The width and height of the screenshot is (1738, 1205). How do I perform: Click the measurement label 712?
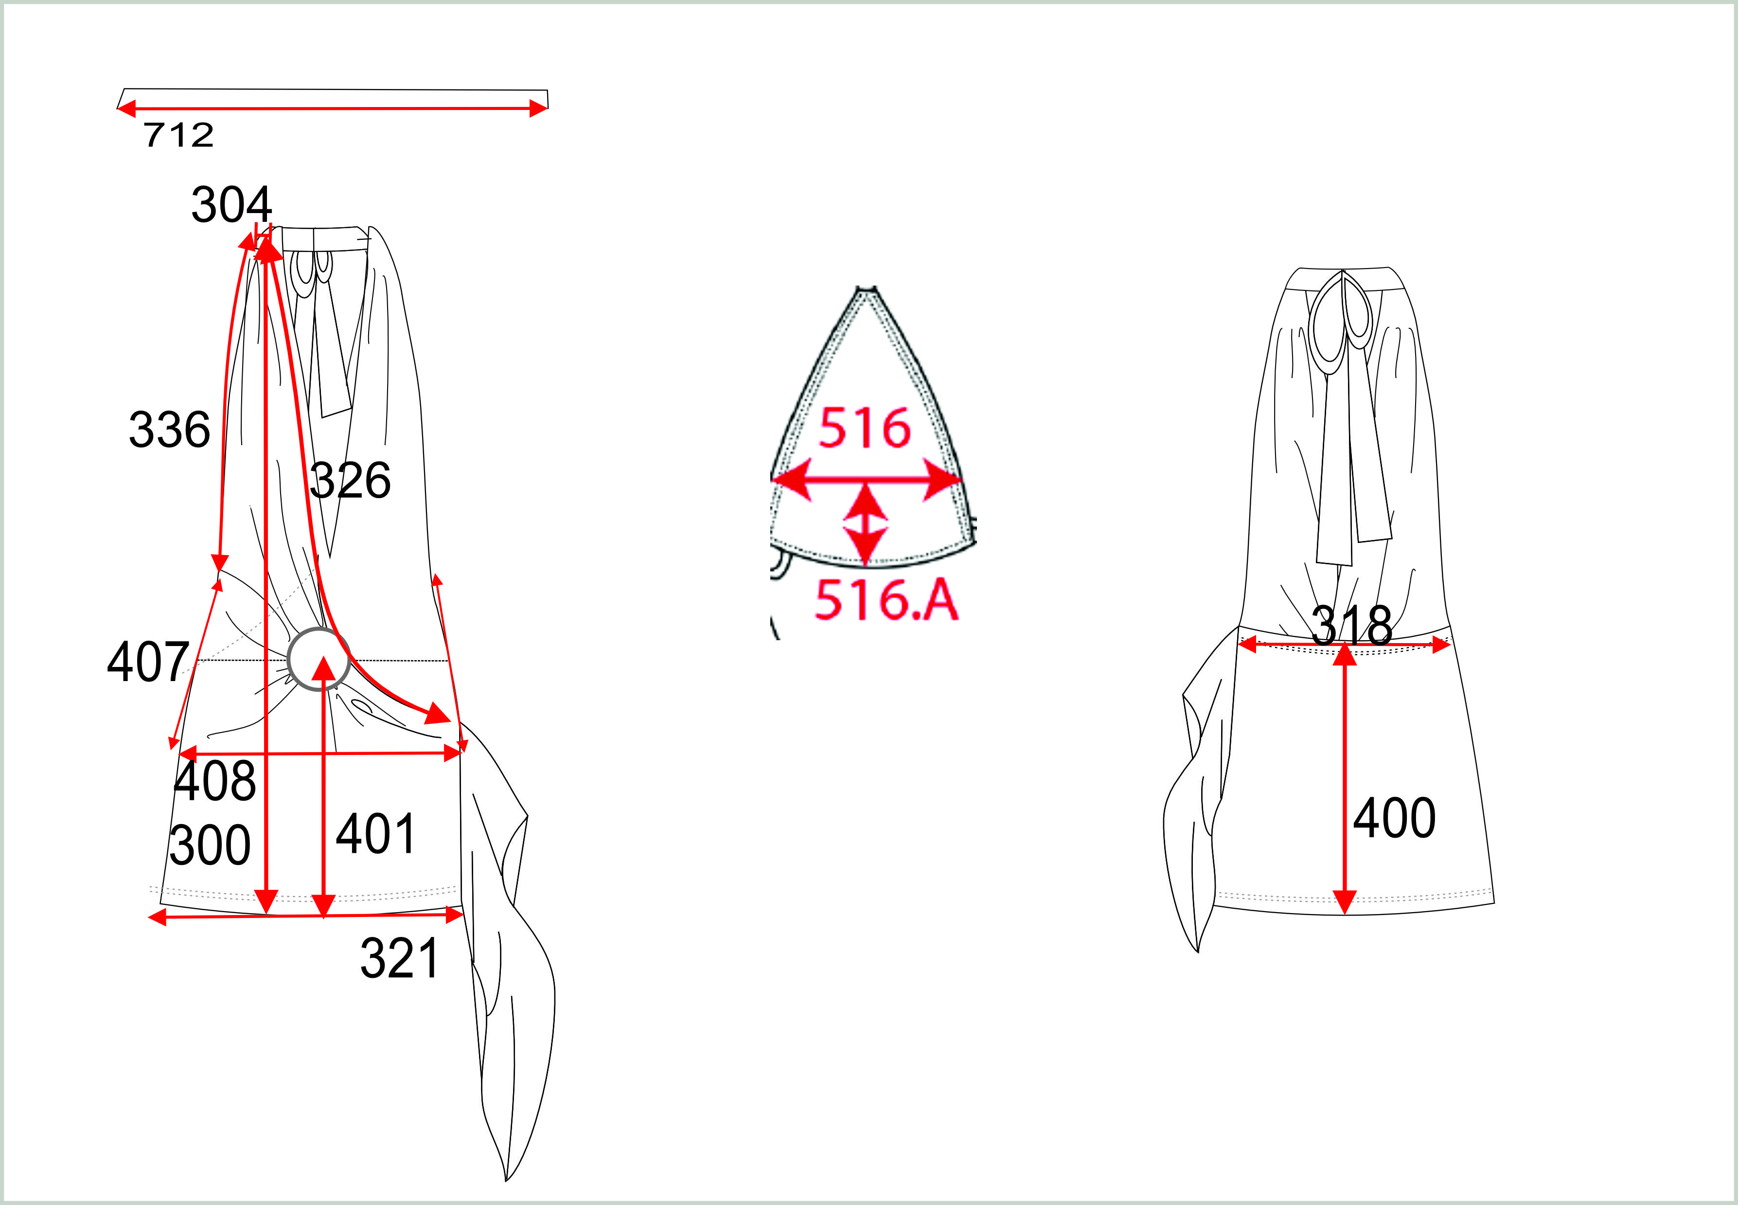coord(179,135)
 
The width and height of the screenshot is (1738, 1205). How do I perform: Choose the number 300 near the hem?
coord(210,845)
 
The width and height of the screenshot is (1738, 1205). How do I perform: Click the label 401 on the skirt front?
coord(376,834)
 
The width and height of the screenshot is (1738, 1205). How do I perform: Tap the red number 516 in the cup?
coord(865,428)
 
